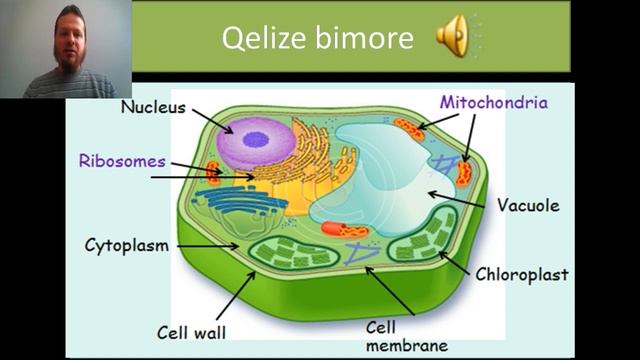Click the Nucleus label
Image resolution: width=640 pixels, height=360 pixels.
click(x=153, y=107)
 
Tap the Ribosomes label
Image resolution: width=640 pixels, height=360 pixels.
click(x=122, y=161)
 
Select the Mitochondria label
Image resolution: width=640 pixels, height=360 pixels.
click(x=493, y=102)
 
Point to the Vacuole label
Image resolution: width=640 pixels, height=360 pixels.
click(x=528, y=205)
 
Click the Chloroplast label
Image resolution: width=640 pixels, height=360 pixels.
click(x=522, y=274)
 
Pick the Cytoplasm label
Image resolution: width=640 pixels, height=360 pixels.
click(x=127, y=246)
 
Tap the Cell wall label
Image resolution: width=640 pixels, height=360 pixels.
click(x=191, y=332)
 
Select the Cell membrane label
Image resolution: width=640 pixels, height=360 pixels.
click(x=407, y=336)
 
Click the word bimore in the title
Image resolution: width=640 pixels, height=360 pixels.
click(x=364, y=38)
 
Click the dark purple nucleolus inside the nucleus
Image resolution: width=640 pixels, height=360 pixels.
click(x=256, y=140)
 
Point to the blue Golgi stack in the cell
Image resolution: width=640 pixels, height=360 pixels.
click(x=240, y=200)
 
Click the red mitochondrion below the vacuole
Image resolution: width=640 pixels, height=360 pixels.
click(x=344, y=229)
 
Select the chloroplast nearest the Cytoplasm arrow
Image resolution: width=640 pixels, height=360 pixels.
click(x=294, y=253)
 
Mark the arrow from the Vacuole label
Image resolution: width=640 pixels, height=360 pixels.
click(x=456, y=200)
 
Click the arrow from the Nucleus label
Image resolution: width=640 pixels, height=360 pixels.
click(x=213, y=121)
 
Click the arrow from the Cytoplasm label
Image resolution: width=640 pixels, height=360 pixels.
click(x=208, y=246)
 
